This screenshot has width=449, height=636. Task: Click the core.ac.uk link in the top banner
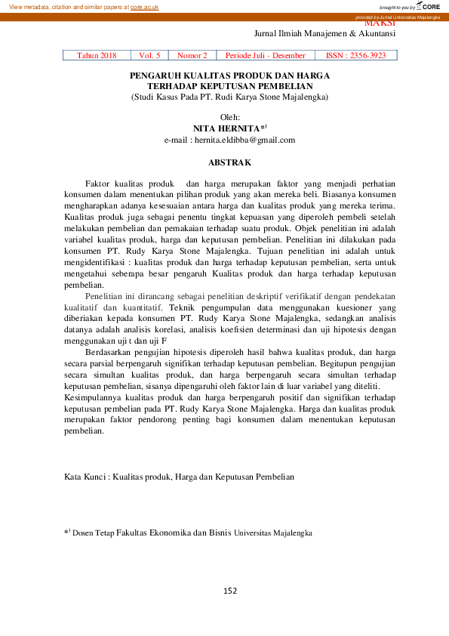(144, 6)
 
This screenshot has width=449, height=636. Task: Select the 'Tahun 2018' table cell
(97, 55)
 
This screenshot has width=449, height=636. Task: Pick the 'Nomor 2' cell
(192, 55)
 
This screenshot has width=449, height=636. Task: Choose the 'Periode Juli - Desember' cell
(265, 55)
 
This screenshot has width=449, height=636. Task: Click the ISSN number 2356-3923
(370, 55)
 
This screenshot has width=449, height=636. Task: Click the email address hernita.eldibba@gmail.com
(242, 140)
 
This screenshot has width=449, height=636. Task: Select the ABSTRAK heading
(229, 162)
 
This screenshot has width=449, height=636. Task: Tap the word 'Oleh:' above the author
(229, 117)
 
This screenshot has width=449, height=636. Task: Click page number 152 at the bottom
(231, 590)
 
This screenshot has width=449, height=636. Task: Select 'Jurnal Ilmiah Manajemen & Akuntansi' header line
(324, 34)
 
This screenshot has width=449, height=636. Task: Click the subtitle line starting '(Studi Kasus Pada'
(229, 97)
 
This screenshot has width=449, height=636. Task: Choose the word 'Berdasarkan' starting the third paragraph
(107, 352)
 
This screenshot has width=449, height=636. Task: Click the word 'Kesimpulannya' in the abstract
(91, 397)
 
